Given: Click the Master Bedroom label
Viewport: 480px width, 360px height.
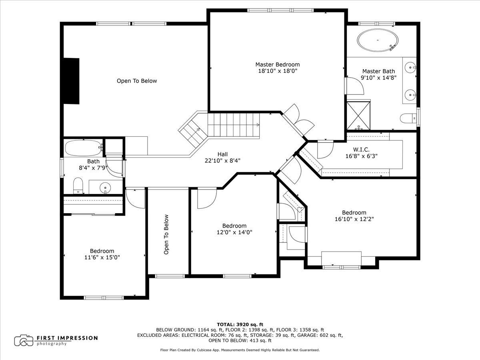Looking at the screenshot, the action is pyautogui.click(x=278, y=64).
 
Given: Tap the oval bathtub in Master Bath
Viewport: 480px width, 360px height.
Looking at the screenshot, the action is pyautogui.click(x=378, y=41).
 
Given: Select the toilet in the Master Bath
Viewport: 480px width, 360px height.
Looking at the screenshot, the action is pyautogui.click(x=408, y=118).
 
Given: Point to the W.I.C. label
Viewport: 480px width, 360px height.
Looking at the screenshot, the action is pyautogui.click(x=361, y=150).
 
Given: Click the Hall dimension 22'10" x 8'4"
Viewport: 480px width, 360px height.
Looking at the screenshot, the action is pyautogui.click(x=222, y=161).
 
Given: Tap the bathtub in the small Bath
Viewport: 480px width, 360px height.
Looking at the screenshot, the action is pyautogui.click(x=84, y=148).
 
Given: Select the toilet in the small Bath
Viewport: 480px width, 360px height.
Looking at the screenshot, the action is pyautogui.click(x=78, y=186).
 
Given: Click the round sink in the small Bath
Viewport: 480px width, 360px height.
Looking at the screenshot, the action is pyautogui.click(x=105, y=188).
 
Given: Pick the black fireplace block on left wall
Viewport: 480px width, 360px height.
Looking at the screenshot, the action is pyautogui.click(x=71, y=81).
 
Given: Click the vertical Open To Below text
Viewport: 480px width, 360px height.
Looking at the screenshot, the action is pyautogui.click(x=166, y=234).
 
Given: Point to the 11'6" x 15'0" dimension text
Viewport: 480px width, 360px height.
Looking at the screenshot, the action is pyautogui.click(x=102, y=257).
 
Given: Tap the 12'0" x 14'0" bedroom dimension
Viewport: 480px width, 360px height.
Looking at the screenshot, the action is pyautogui.click(x=234, y=232).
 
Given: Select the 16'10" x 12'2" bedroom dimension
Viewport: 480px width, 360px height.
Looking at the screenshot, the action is pyautogui.click(x=354, y=219).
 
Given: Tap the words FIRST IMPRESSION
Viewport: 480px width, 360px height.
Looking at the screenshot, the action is pyautogui.click(x=67, y=338).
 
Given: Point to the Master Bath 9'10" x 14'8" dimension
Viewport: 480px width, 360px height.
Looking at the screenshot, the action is pyautogui.click(x=378, y=78).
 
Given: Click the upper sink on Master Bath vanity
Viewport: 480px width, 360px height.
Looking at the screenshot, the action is pyautogui.click(x=410, y=68).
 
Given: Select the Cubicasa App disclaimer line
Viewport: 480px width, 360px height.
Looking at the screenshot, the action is pyautogui.click(x=240, y=350).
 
